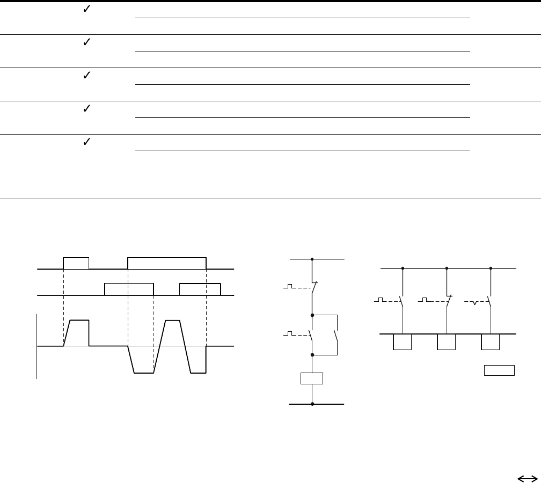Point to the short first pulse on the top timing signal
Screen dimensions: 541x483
(76, 263)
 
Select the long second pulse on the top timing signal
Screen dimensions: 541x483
(167, 263)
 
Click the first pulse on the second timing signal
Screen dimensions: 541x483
(129, 289)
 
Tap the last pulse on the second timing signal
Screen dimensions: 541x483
(200, 289)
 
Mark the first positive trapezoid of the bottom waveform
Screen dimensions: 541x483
(77, 333)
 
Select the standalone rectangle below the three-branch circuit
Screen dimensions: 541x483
(500, 370)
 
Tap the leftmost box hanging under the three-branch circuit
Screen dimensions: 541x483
(403, 341)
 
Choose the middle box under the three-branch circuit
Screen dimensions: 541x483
(447, 341)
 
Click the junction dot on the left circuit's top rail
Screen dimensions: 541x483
(312, 259)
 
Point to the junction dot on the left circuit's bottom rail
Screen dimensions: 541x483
(312, 404)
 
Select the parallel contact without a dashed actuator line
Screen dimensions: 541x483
(336, 336)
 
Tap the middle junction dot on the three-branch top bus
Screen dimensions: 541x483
(447, 268)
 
